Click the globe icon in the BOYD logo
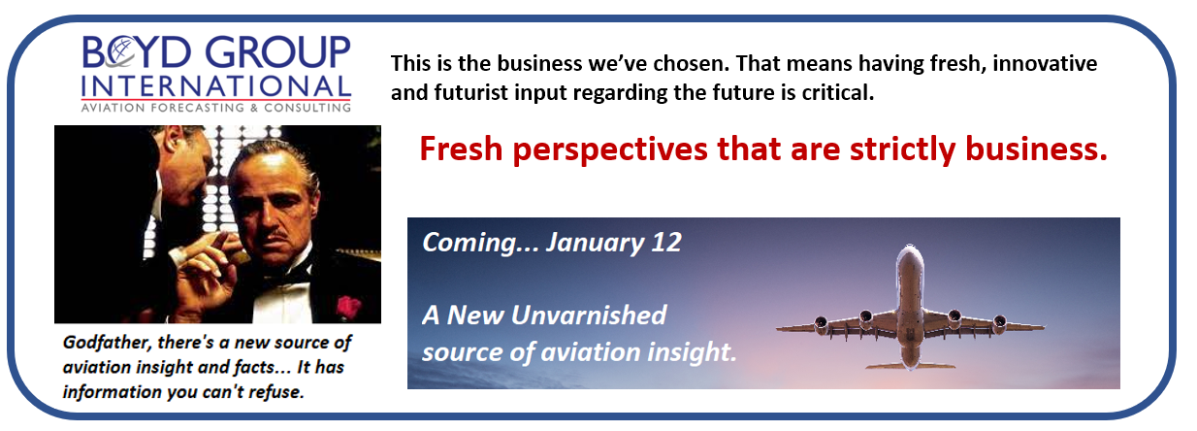[x=119, y=52]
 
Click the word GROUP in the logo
[x=277, y=52]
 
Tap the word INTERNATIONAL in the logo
[x=216, y=86]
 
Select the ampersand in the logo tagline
[x=253, y=108]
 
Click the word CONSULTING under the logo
[x=307, y=108]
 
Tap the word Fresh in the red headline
[x=461, y=149]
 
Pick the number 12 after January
[x=666, y=243]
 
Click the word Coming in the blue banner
[x=469, y=244]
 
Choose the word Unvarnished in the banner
[x=589, y=315]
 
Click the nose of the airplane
[x=910, y=249]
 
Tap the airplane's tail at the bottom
[x=910, y=365]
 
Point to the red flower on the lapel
[x=348, y=308]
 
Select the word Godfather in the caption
[x=107, y=343]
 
